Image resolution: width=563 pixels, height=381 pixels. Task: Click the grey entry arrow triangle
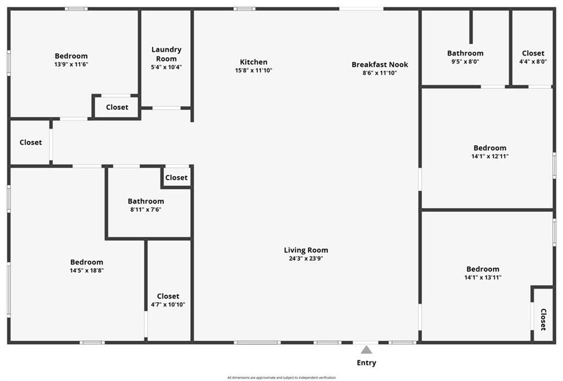(366, 350)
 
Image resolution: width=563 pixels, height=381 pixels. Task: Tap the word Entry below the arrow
(366, 363)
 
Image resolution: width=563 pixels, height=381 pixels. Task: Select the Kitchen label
(253, 62)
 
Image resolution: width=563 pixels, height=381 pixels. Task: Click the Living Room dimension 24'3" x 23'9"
(306, 258)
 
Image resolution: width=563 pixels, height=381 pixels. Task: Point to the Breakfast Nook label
(379, 65)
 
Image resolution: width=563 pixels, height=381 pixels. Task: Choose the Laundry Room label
(166, 54)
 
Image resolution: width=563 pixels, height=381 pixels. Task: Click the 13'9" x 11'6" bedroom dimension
(71, 64)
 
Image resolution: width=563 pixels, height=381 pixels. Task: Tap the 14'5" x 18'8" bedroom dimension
(86, 270)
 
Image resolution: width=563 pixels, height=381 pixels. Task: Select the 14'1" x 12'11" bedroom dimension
(490, 156)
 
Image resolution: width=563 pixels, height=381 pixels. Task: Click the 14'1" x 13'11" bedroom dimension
(483, 277)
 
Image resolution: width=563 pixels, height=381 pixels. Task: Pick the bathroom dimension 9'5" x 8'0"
(465, 62)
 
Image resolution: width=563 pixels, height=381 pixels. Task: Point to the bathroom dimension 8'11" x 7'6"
(146, 209)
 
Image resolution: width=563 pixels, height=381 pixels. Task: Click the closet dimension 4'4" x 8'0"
(533, 62)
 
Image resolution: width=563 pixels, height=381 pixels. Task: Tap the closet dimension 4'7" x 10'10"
(168, 305)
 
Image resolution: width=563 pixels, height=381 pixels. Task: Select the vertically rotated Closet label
(543, 319)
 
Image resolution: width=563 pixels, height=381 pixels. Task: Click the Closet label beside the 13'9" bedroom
(117, 107)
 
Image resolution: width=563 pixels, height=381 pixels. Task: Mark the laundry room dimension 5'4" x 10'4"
(166, 67)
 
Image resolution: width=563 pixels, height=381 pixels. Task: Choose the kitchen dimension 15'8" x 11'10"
(253, 70)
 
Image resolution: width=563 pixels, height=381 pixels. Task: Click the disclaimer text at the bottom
(281, 377)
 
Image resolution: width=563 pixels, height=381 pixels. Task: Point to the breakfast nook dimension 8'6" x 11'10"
(379, 73)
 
